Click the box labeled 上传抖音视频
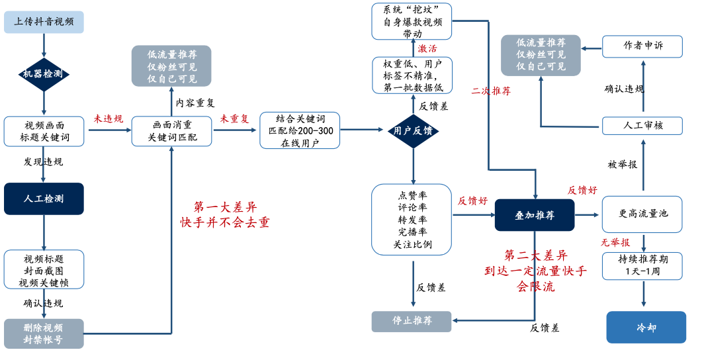point(44,22)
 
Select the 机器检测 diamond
point(44,73)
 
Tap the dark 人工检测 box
point(44,199)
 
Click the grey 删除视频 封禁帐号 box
point(44,334)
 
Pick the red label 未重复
point(235,119)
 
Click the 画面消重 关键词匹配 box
point(172,131)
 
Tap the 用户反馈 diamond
point(414,131)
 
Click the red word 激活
point(427,49)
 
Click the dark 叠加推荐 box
point(535,215)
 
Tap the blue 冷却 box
point(646,328)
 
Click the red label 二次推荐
point(491,91)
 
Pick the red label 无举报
point(615,242)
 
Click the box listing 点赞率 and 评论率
point(412,220)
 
